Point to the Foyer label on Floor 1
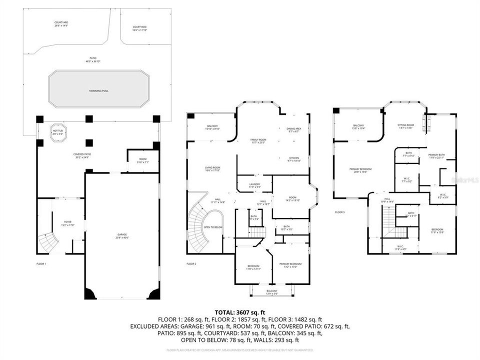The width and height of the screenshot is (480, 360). coord(67,223)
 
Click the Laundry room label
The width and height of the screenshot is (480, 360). coord(254,185)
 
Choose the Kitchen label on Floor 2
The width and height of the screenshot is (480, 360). coord(293,159)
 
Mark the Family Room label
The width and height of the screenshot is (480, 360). coord(258,141)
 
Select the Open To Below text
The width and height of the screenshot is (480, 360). coord(213,227)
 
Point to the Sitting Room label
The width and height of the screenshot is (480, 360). coord(405,126)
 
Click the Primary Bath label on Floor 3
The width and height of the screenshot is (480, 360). coord(436,156)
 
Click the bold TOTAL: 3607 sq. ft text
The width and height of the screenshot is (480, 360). coord(240,311)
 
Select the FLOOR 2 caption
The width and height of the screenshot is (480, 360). coord(191,263)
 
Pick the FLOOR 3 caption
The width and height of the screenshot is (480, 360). coord(340,212)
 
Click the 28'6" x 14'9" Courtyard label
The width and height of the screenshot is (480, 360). coord(61,24)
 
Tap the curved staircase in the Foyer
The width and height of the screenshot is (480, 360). coord(48,242)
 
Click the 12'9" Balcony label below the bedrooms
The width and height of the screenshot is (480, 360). coord(272,291)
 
